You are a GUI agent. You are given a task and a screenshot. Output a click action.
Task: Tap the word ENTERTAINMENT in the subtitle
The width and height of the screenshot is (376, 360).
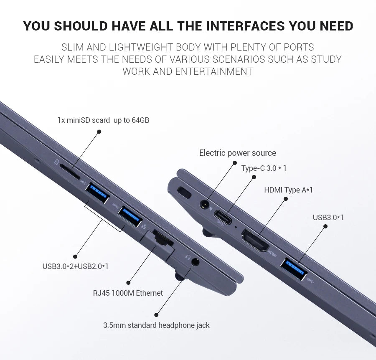(214, 71)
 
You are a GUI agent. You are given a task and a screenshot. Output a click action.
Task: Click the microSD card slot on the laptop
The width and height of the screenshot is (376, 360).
(69, 171)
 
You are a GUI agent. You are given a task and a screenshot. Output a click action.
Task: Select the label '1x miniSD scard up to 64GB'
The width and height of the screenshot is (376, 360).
(103, 120)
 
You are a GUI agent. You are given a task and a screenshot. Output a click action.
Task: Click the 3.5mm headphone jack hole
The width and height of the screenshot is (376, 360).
(196, 261)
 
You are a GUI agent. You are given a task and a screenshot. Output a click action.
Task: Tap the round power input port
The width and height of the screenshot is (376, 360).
(204, 205)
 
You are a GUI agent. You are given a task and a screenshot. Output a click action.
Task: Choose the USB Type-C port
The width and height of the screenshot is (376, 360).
(223, 217)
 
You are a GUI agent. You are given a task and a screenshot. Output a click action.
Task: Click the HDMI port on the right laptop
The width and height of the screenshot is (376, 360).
(255, 241)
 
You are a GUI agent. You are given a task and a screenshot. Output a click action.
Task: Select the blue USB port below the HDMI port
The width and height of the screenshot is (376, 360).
(294, 269)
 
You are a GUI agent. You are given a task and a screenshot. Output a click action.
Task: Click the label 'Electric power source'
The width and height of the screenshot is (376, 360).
(238, 153)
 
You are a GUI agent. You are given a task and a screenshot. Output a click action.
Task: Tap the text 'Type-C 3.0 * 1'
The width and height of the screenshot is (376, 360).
(264, 168)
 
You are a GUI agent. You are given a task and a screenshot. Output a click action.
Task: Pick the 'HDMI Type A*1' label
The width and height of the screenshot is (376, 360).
(288, 190)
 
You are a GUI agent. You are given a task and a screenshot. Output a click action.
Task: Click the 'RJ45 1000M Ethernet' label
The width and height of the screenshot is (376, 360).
(128, 293)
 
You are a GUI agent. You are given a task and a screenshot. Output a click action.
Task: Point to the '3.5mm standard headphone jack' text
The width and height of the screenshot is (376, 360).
(156, 325)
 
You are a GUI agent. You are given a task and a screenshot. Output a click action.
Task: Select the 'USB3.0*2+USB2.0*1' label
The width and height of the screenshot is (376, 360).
(75, 266)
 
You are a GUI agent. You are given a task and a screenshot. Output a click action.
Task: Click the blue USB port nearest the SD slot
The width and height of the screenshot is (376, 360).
(97, 193)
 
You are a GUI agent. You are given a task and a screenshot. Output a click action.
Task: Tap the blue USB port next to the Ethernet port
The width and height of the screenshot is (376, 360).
(130, 216)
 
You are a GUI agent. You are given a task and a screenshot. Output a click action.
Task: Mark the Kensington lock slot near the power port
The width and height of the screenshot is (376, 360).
(184, 192)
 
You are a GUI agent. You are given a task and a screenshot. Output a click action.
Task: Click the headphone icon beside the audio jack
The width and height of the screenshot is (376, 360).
(188, 257)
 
